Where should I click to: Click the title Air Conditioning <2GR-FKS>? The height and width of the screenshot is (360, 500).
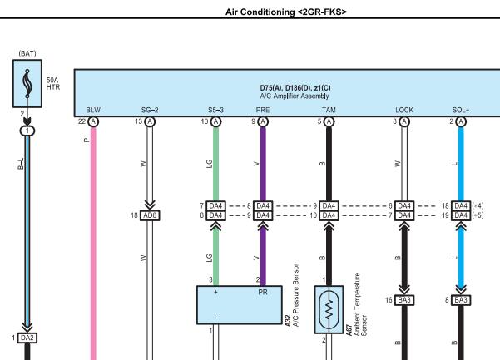pos(285,12)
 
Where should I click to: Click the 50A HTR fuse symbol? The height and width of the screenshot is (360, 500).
pos(27,83)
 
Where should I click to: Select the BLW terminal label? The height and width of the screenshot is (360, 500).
pos(93,110)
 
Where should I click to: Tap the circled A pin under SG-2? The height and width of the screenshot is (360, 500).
pos(150,121)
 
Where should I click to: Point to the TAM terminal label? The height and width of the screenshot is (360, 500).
pos(329,110)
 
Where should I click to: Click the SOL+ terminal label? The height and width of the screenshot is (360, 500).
pos(461,110)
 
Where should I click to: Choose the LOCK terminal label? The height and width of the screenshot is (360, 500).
pos(404,110)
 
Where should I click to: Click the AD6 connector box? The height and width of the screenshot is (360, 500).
pos(150,215)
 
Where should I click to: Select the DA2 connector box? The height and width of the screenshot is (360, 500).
pos(27,338)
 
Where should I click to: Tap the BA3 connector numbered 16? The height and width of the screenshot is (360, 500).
pos(404,300)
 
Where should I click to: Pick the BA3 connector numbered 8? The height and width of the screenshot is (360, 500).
pos(461,300)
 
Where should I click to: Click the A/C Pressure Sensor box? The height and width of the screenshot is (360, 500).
pos(240,305)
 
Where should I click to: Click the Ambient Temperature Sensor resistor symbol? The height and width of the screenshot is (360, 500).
pos(329,309)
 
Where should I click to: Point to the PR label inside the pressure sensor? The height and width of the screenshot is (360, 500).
pos(263,292)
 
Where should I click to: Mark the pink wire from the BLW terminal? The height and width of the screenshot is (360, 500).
pos(93,243)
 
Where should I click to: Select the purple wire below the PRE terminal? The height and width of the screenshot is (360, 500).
pos(263,164)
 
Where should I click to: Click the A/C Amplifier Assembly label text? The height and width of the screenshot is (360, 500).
pos(295,96)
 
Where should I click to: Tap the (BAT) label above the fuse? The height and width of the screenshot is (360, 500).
pos(27,53)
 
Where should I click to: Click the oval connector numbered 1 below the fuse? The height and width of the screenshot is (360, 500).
pos(27,131)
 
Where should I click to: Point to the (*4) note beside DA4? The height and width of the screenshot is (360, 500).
pos(478,206)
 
